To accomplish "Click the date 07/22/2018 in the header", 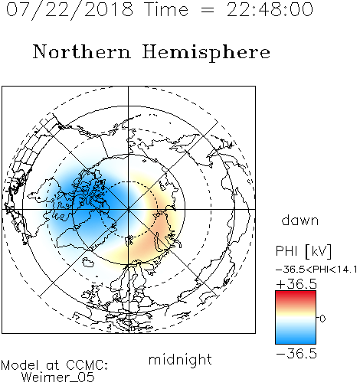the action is click(70, 10).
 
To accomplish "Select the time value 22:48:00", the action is click(270, 9).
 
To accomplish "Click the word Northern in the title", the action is click(82, 51).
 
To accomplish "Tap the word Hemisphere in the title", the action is click(206, 53).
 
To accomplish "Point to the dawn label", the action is click(300, 220).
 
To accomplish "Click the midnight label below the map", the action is click(180, 359).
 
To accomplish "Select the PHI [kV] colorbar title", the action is click(303, 251).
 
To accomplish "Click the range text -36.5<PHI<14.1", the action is click(316, 270).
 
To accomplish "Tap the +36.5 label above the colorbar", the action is click(296, 284).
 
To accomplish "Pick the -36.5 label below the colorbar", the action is click(296, 354).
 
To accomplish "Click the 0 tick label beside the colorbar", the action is click(322, 319).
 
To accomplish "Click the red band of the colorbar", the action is click(296, 296).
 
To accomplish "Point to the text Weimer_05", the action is click(58, 378).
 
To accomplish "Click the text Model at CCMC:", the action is click(54, 365).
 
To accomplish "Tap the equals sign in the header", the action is click(208, 10).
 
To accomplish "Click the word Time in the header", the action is click(166, 9).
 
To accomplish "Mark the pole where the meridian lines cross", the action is click(129, 209).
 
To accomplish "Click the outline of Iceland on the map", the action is click(88, 262).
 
